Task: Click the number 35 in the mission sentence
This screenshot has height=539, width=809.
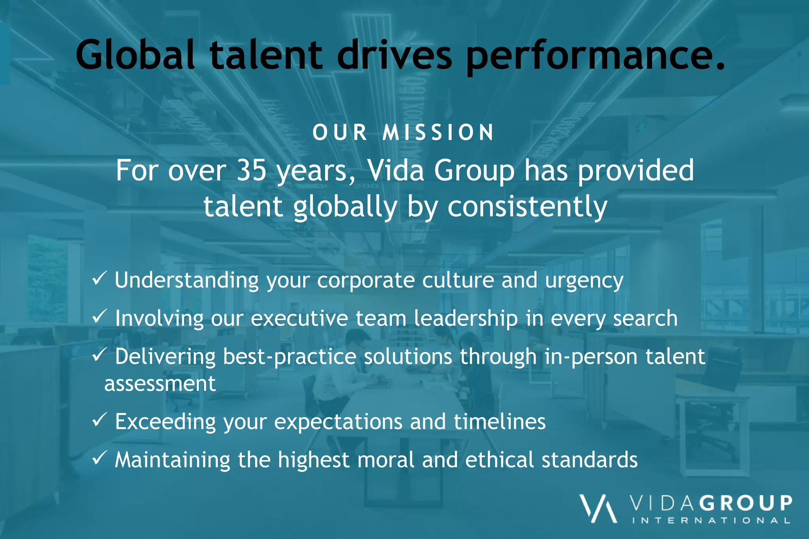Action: pos(251,171)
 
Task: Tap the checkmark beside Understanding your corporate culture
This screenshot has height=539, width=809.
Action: pos(99,278)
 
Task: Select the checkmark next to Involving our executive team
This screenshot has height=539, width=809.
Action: pos(99,316)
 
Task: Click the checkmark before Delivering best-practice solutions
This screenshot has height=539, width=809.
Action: pos(99,355)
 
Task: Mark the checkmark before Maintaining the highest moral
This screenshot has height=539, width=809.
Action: pos(99,458)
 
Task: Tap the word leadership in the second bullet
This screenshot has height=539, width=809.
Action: pos(465,318)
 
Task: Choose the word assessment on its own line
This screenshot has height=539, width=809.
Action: pos(160,384)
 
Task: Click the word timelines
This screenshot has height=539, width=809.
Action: pos(499,421)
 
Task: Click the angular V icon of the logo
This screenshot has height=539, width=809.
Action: pos(598,509)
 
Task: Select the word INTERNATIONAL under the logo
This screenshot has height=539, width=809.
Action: pos(711,520)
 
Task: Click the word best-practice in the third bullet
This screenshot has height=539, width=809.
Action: pos(290,357)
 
